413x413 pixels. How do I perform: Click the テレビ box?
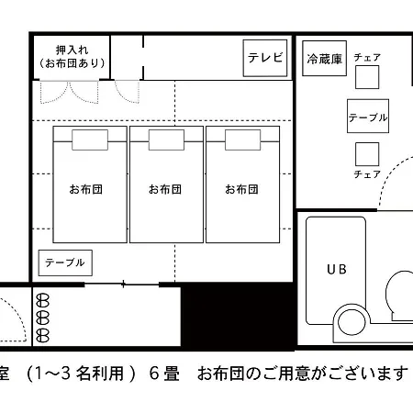coord(265,58)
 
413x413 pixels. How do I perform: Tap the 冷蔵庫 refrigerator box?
coord(324,59)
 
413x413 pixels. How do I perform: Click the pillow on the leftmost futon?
coord(90,140)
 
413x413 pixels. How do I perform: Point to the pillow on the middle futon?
coord(166,140)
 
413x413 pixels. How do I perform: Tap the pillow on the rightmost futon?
coord(242,140)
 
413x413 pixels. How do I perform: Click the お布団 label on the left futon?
coord(86,189)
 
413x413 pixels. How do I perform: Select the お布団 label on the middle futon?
coord(165,189)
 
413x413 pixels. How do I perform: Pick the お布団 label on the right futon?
coord(241,189)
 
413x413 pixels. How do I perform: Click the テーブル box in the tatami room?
coord(65,262)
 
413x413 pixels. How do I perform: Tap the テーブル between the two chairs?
coord(368,116)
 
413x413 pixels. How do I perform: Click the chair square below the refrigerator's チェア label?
coord(367,77)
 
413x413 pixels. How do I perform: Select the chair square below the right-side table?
coord(367,154)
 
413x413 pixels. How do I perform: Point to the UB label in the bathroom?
coord(337,270)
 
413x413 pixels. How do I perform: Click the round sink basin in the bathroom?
coord(352,322)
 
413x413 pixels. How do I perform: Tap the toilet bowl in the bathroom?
coord(400,292)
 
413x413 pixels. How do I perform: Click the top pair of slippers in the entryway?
coord(42,300)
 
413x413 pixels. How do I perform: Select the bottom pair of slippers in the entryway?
coord(42,335)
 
